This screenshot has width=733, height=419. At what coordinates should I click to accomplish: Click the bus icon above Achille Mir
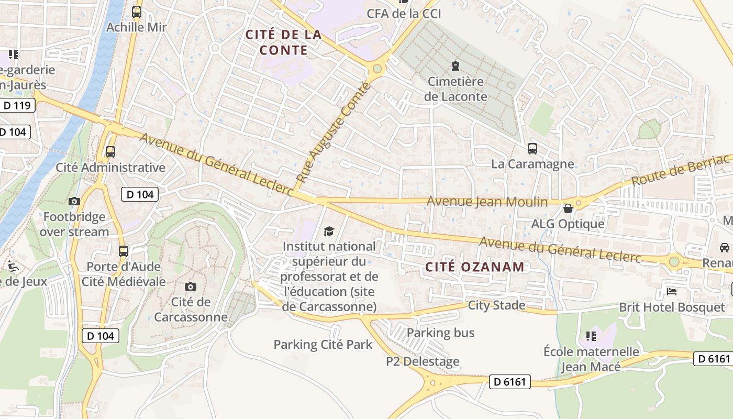tap(137, 12)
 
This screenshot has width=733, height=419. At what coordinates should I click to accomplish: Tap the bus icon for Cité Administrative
tap(110, 152)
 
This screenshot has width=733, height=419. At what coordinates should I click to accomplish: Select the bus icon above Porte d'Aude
tap(124, 251)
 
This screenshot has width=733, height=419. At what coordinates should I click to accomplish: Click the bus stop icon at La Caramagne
tap(532, 149)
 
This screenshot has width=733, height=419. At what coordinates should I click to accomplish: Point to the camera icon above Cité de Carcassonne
tap(191, 286)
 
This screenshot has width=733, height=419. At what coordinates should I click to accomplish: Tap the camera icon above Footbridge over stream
tap(74, 201)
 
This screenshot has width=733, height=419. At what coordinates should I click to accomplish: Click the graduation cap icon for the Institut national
tap(329, 231)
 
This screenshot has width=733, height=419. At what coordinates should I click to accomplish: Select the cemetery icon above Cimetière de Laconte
tap(455, 66)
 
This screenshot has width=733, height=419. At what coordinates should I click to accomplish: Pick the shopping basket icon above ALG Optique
tap(568, 209)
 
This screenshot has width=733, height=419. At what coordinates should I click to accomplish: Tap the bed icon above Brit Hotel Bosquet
tap(672, 291)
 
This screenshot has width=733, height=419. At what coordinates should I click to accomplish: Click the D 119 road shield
tap(17, 105)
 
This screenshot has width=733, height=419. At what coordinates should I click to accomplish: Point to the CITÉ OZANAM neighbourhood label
tap(474, 267)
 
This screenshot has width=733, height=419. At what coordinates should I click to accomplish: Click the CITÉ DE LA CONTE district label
tap(283, 42)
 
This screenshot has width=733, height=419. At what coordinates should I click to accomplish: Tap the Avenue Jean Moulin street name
tap(487, 202)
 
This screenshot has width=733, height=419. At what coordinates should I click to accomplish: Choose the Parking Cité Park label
tap(323, 345)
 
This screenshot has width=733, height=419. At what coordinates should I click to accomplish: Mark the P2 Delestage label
tap(423, 361)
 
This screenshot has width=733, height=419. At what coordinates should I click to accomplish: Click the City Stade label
tap(496, 305)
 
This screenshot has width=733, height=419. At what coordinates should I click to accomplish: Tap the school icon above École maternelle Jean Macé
tap(591, 336)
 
